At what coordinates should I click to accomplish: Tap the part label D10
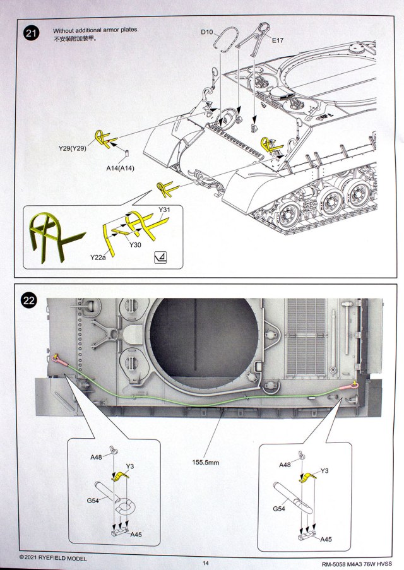pyautogui.click(x=208, y=32)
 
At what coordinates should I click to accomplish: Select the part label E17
pyautogui.click(x=279, y=40)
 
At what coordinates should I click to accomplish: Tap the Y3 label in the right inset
pyautogui.click(x=325, y=470)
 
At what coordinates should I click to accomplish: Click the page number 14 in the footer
pyautogui.click(x=205, y=563)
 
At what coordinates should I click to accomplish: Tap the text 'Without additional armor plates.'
pyautogui.click(x=95, y=30)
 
